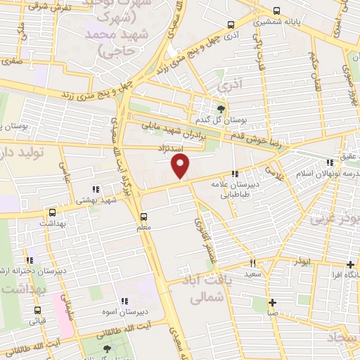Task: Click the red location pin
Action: pyautogui.click(x=181, y=166)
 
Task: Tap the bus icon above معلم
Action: pyautogui.click(x=144, y=216)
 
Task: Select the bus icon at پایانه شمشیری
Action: pyautogui.click(x=276, y=11)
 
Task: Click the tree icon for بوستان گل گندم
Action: pyautogui.click(x=222, y=108)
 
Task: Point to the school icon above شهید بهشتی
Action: pyautogui.click(x=96, y=188)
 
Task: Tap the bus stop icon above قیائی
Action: pyautogui.click(x=37, y=309)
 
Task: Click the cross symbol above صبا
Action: pyautogui.click(x=273, y=303)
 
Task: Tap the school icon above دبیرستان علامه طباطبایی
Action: pyautogui.click(x=235, y=173)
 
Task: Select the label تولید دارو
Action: pyautogui.click(x=21, y=152)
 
